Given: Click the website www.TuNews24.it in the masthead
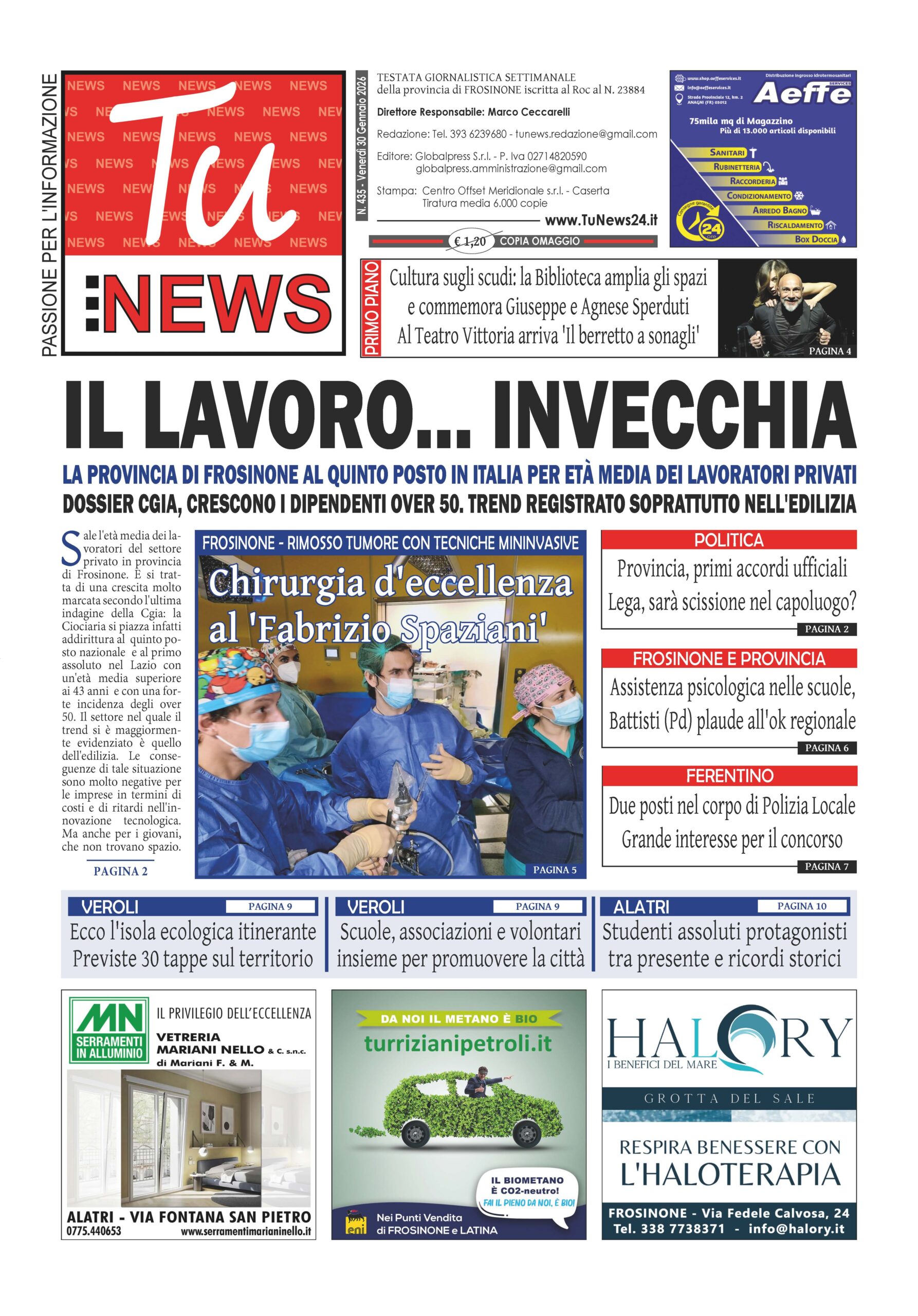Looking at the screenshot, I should point(600,221).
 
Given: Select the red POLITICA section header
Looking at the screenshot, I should point(728,540).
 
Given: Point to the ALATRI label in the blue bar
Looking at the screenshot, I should point(640,907).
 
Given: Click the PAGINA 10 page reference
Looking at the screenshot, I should point(802,906).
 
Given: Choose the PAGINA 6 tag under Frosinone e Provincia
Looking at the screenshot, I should point(827,747).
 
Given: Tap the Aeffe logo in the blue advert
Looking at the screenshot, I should point(802,94).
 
